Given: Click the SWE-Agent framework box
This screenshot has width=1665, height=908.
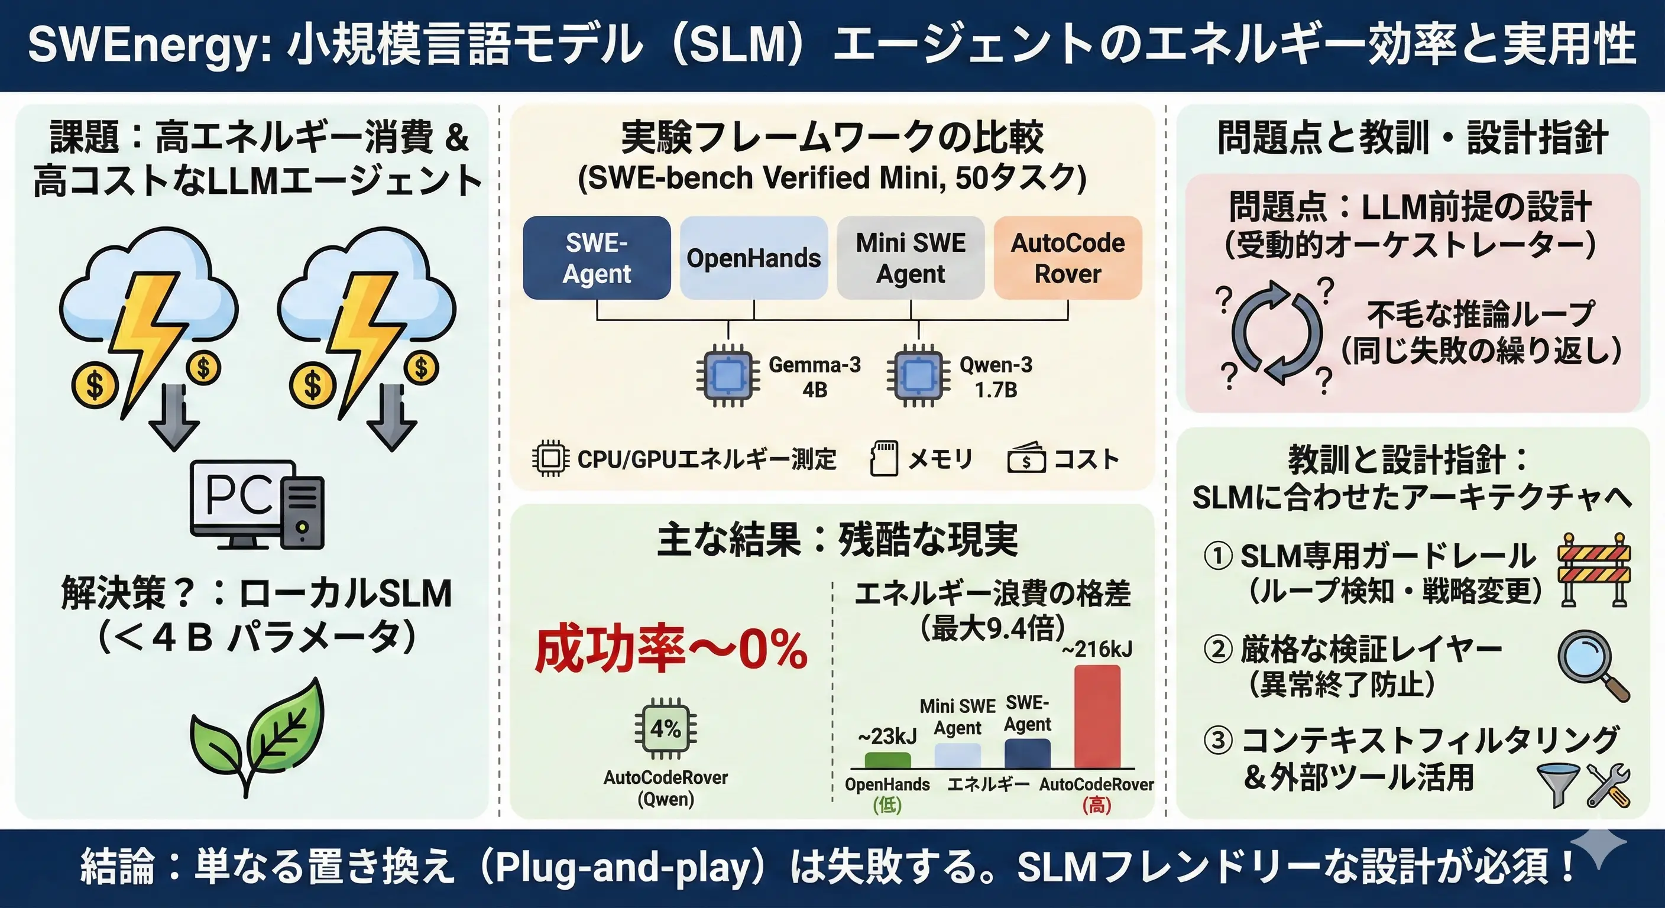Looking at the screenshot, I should tap(596, 258).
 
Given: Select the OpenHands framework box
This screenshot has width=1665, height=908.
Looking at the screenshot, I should tap(753, 258).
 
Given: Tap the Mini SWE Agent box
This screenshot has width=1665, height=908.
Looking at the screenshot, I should tap(910, 258).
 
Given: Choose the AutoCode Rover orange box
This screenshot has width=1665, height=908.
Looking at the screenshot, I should tap(1067, 258).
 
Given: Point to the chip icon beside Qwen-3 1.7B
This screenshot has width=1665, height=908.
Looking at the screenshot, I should tap(918, 375).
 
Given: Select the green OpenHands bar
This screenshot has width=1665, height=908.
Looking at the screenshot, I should tap(887, 760).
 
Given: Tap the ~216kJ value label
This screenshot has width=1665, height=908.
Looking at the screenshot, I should tap(1097, 649).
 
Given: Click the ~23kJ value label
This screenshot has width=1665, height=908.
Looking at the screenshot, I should tap(887, 736).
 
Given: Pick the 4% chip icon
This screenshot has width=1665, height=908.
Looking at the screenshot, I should tap(666, 729).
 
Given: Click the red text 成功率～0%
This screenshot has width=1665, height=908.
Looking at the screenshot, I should tap(671, 650).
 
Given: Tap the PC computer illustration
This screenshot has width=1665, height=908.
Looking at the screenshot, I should tap(257, 504).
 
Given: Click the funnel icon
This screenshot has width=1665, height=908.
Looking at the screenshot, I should tap(1558, 784).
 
